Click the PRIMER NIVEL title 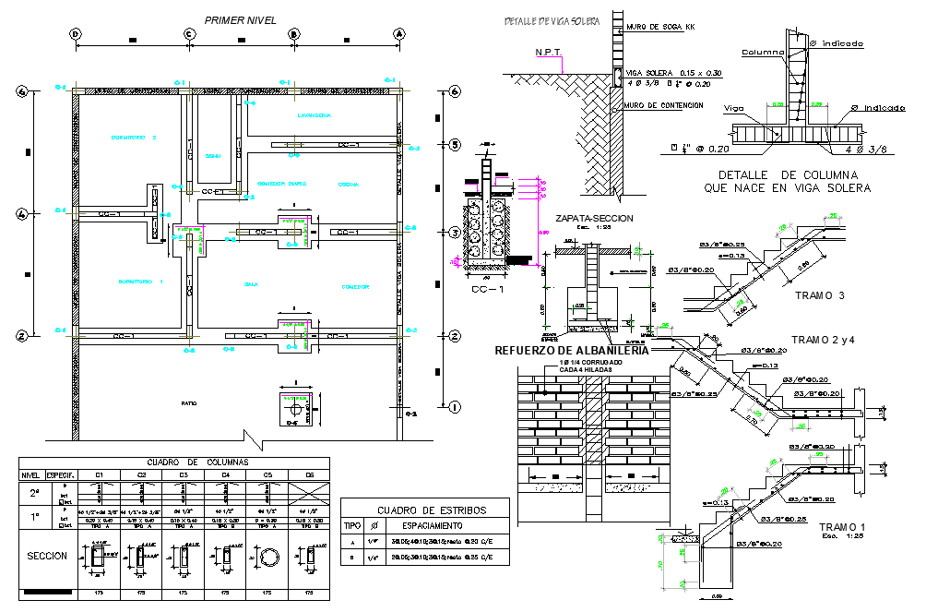(x=240, y=18)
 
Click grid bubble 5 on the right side (x=454, y=145)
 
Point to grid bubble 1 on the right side (x=454, y=406)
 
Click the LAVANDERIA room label (x=314, y=115)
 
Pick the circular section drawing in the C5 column (x=267, y=557)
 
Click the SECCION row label (x=46, y=557)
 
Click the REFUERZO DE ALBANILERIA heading (x=572, y=351)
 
